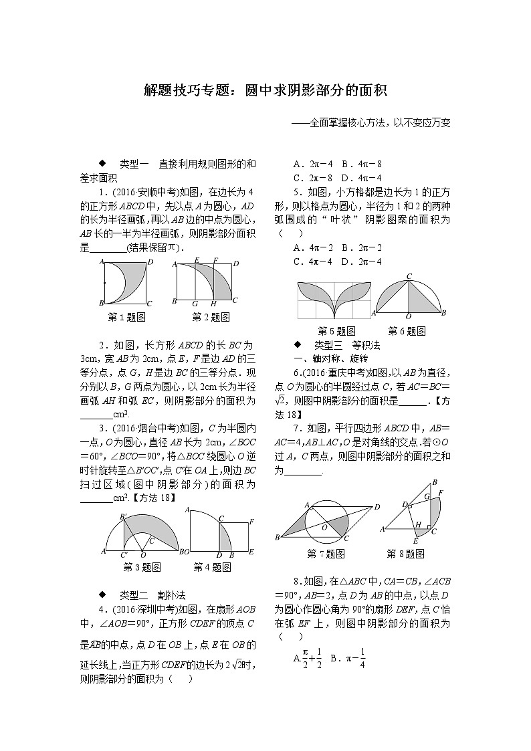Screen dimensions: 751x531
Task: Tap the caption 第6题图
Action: tap(407, 331)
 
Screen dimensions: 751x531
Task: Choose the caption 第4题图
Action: tap(212, 567)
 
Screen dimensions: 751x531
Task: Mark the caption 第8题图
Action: tap(405, 554)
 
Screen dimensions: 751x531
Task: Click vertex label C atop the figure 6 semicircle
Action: tap(409, 276)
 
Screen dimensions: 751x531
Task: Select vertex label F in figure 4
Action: tap(251, 522)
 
